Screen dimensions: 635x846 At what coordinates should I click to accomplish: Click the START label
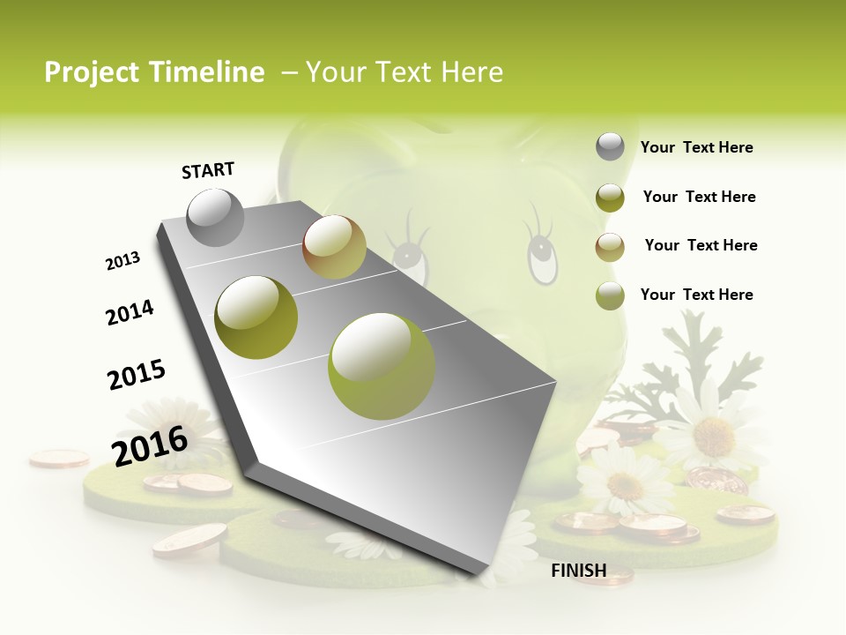(x=208, y=170)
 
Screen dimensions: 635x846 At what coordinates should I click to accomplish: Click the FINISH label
(x=578, y=571)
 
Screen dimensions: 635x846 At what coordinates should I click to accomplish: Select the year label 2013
(x=122, y=261)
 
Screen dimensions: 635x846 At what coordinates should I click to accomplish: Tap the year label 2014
(x=130, y=312)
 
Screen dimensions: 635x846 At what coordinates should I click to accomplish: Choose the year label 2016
(x=150, y=445)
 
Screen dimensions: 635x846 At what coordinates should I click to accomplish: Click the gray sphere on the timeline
(x=216, y=218)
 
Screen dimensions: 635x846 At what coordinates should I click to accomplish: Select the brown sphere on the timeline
(x=334, y=247)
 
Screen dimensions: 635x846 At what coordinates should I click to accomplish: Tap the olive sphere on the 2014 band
(x=256, y=317)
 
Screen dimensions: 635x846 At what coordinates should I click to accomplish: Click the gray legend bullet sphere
(x=610, y=147)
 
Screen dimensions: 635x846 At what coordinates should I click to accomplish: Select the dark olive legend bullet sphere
(x=610, y=198)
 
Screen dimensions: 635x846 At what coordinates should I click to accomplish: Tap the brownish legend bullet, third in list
(x=610, y=247)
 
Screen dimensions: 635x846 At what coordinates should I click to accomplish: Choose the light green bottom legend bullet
(x=610, y=295)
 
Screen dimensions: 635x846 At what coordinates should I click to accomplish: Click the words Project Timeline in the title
(x=154, y=72)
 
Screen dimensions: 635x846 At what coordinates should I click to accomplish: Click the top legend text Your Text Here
(x=696, y=147)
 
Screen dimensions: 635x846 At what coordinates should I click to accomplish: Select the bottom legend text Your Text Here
(x=696, y=295)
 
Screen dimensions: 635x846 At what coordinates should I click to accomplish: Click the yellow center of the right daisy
(x=713, y=435)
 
